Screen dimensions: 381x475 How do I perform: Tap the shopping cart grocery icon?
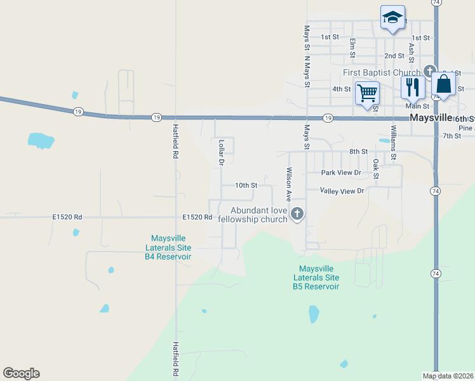tap(367, 93)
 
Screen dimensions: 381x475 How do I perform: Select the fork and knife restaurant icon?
tap(412, 88)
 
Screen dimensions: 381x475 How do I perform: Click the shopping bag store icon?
tap(444, 84)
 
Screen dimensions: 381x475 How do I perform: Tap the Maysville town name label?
tap(431, 118)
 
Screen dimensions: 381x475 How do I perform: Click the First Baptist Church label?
tap(382, 72)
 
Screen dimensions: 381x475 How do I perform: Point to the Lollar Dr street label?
tap(222, 152)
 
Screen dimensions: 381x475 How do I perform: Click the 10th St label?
tap(246, 185)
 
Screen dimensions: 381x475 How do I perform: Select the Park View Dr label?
tap(341, 173)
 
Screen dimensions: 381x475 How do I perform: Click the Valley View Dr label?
tap(342, 190)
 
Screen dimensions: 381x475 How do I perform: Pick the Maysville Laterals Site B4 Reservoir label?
tap(168, 248)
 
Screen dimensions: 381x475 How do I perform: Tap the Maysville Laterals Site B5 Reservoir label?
tap(316, 277)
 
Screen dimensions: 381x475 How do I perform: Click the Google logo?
tap(21, 373)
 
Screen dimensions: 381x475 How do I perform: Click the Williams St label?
tap(394, 143)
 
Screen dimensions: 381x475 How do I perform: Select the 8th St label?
tap(358, 152)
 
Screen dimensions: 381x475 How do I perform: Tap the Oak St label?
tap(376, 168)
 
